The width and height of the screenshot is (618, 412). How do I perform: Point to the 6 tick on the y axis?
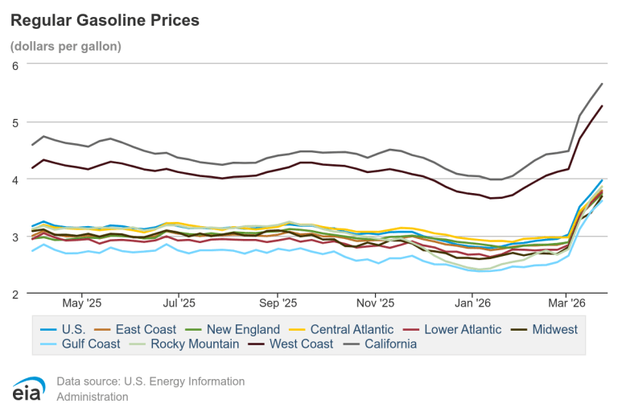[14, 65]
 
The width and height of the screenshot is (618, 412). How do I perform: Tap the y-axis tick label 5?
[14, 122]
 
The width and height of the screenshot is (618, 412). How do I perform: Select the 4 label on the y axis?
[14, 179]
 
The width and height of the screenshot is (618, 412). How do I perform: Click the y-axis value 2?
[14, 294]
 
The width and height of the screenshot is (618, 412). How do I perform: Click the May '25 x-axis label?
[83, 303]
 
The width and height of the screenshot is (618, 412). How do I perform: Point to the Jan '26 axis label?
[472, 303]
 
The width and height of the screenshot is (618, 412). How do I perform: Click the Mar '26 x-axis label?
[566, 303]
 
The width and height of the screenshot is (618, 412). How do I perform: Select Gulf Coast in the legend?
[88, 344]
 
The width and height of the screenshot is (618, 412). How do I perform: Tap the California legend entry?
[388, 344]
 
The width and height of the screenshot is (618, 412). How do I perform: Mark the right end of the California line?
[602, 84]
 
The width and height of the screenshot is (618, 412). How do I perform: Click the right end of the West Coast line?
[602, 106]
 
